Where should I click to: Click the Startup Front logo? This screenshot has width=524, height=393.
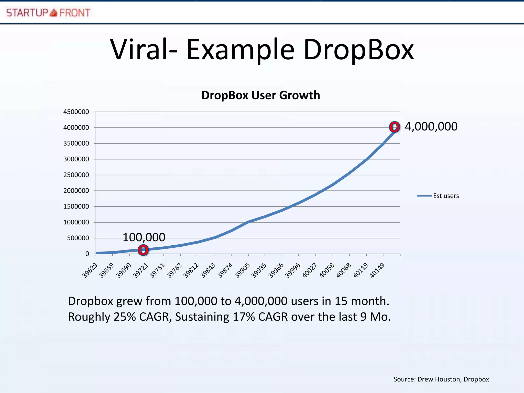point(48,13)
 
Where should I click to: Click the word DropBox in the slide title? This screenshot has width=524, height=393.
point(358,50)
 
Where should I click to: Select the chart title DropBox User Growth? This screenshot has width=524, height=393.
point(260,95)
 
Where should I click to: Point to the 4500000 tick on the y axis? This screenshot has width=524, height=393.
point(76,112)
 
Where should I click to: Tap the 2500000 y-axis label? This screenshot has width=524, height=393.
point(76,175)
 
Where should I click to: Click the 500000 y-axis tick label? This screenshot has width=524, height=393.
point(78,238)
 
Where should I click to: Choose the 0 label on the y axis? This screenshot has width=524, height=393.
point(87,254)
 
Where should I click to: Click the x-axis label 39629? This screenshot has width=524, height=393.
point(90,270)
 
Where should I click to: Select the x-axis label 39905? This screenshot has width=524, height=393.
point(242,270)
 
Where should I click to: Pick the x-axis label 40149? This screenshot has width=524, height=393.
point(377,270)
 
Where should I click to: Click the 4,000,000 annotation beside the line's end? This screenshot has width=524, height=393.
point(431,127)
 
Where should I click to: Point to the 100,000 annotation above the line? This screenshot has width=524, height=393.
point(144,237)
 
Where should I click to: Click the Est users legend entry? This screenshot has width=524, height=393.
point(446,196)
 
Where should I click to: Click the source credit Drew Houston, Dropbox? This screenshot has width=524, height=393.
point(453,379)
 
